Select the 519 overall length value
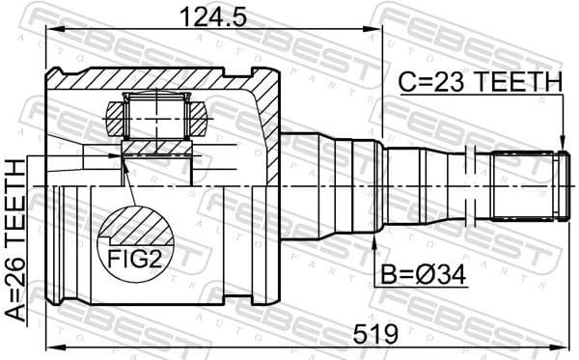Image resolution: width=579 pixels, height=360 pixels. (374, 334)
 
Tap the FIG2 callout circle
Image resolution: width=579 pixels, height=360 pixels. (136, 240)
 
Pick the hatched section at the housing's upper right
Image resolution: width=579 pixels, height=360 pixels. (264, 106)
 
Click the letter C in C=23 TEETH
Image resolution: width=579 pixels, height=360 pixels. (406, 84)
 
